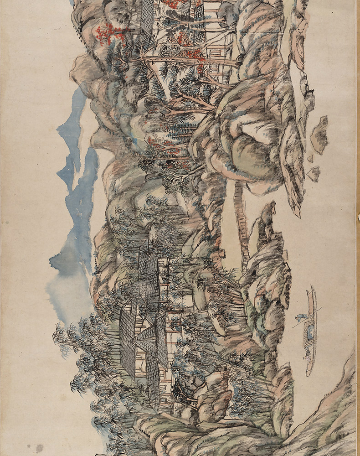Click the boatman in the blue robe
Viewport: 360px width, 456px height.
pos(300,319)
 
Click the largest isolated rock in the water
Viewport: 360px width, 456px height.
pos(319,135)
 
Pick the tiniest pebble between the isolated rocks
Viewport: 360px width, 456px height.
pos(310,159)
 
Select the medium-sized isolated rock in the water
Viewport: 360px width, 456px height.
pos(314,173)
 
